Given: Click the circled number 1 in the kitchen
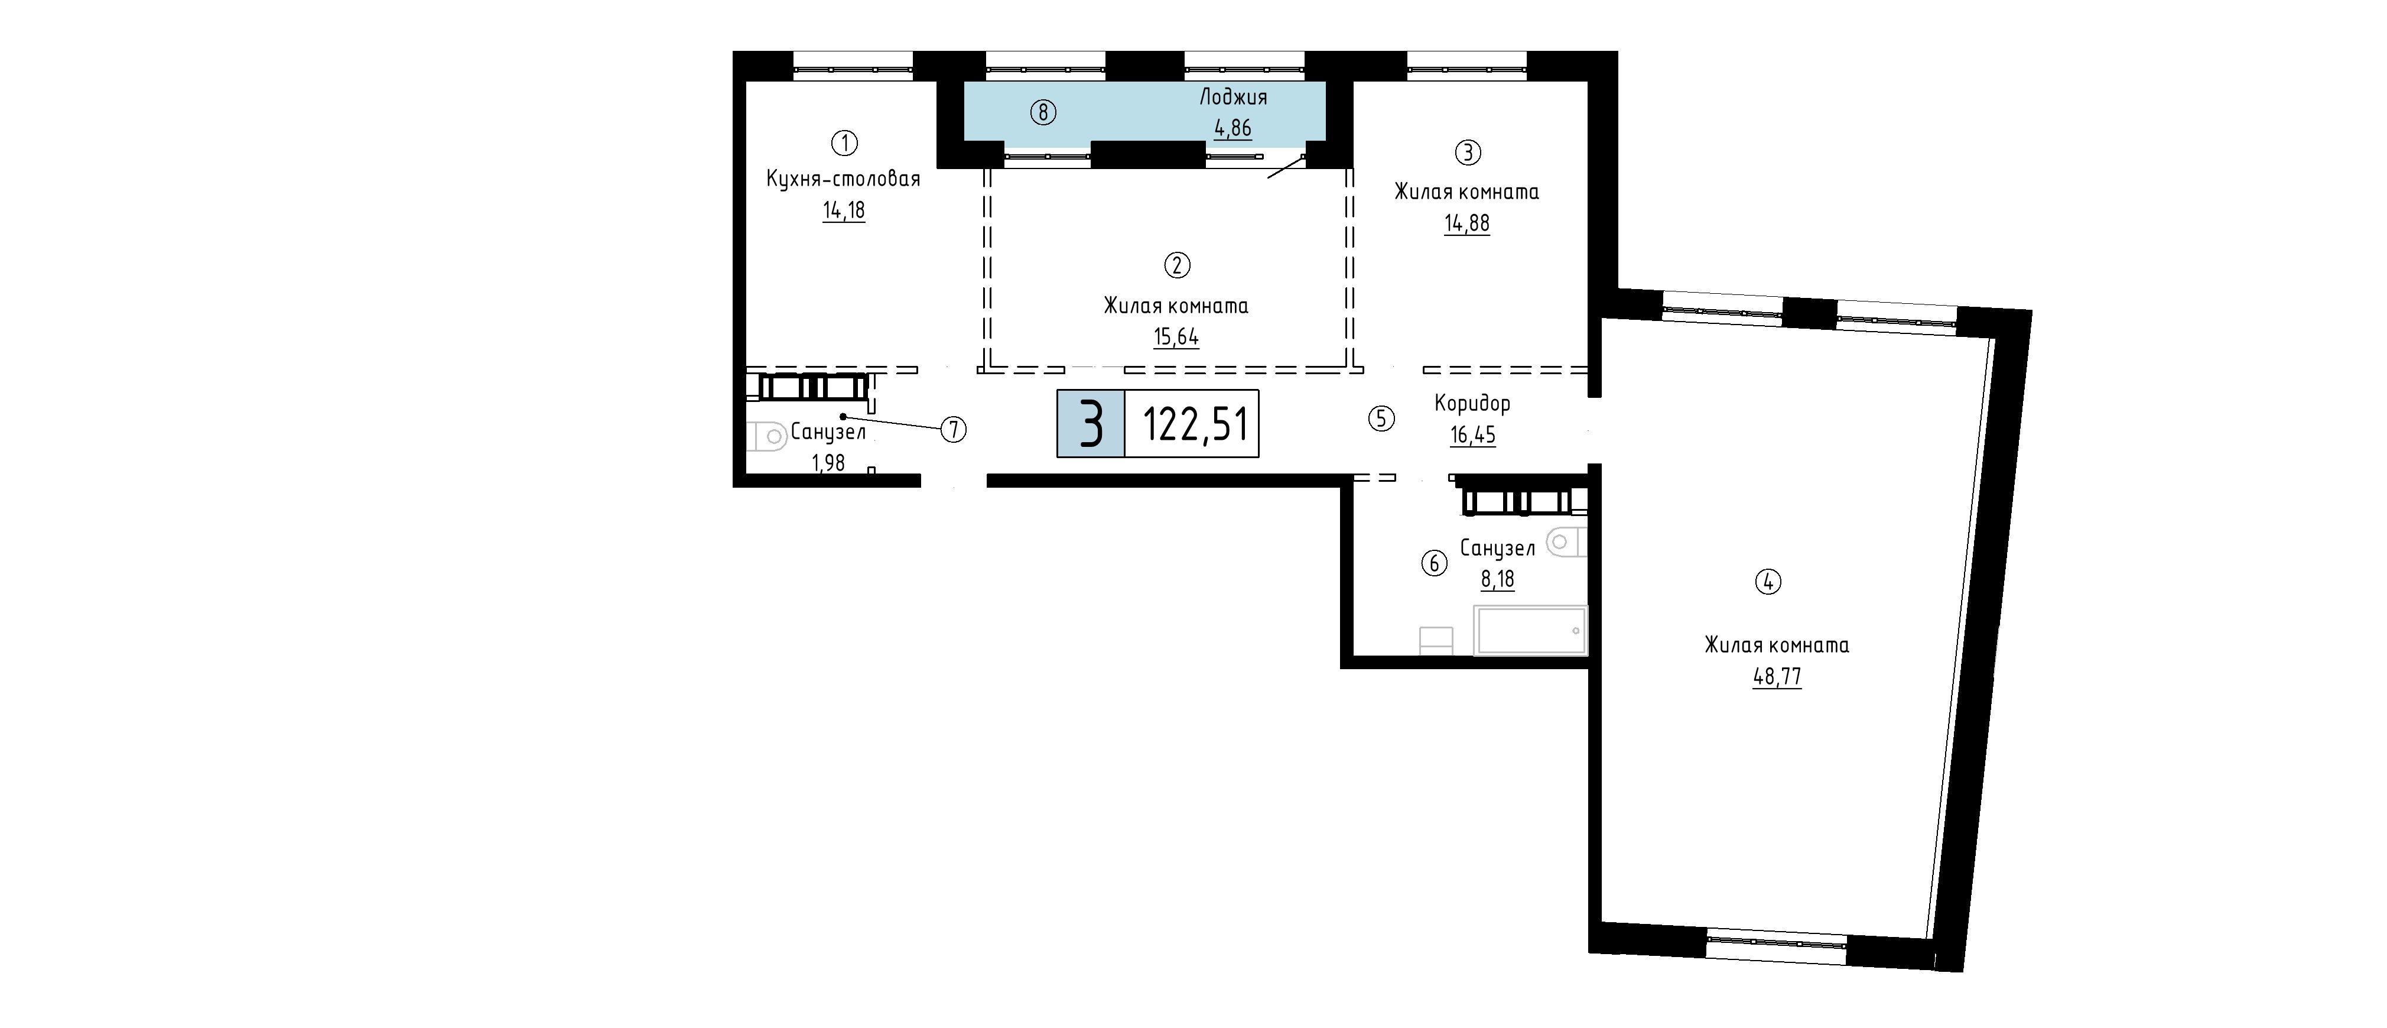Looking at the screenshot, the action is point(844,142).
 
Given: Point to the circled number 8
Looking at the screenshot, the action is point(1043,113).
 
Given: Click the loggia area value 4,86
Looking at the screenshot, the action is point(1233,128).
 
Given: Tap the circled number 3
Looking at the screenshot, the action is point(1468,152).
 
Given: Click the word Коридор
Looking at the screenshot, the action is point(1472,403).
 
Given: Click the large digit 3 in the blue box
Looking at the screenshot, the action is point(1091,424).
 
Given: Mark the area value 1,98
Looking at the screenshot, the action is point(828,462).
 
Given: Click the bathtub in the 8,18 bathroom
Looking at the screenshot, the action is point(1531,630).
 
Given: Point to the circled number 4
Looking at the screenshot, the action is point(1768,583).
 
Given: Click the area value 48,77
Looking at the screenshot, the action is point(1776,677).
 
